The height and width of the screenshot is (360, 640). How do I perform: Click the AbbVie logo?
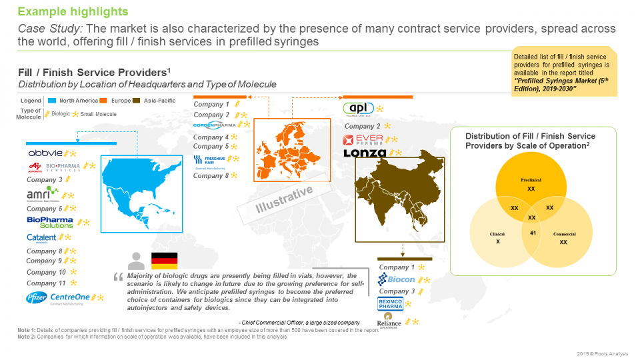tap(45, 153)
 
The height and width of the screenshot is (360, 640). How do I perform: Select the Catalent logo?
tap(41, 237)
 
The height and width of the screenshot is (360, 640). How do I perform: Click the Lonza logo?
tap(365, 153)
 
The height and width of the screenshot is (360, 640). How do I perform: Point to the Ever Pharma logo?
tap(363, 139)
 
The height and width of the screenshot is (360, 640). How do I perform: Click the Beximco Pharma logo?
tap(392, 305)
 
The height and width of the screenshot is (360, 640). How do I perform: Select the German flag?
tap(165, 261)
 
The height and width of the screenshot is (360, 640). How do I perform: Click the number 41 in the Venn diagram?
tap(533, 232)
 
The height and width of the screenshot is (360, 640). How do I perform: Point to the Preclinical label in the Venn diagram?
tap(531, 180)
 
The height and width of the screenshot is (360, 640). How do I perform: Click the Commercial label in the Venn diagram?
tap(564, 234)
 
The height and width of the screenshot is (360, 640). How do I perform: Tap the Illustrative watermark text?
tap(285, 200)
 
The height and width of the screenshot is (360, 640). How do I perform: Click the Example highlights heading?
tap(73, 12)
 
